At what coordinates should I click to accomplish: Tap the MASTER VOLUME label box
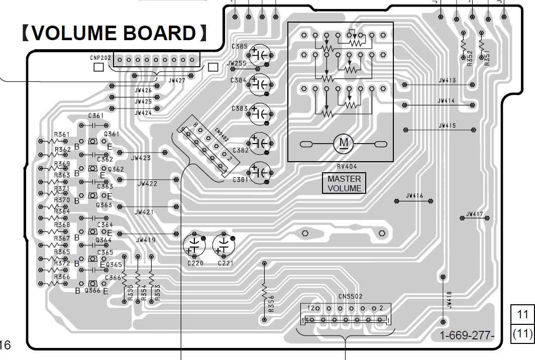coord(344,183)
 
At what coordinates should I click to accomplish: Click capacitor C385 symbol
coord(260,55)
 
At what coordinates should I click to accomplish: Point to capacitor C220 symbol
coord(194,244)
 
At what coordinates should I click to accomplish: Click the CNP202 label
coord(101,58)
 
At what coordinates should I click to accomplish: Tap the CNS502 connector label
coord(350,297)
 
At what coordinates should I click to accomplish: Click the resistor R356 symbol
coord(264,291)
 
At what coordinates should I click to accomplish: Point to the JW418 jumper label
coord(449,300)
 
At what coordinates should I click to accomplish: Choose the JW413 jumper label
coord(447,80)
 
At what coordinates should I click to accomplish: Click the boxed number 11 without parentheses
coord(523,314)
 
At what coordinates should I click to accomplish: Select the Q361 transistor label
coord(111,134)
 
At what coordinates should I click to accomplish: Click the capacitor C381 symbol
coord(260,172)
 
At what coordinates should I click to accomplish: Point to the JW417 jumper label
coord(474,214)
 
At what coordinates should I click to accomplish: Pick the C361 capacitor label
coord(95,116)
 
